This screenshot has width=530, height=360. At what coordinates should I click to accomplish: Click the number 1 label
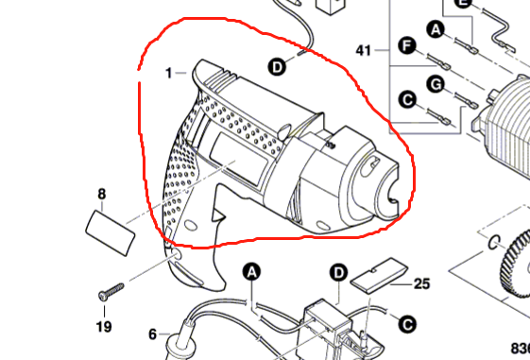(168, 73)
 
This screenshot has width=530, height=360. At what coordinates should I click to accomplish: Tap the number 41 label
(366, 49)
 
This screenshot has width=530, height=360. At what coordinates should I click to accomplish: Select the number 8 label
(101, 196)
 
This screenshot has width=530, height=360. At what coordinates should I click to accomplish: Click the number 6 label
(151, 334)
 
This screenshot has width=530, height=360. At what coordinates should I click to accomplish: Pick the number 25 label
(421, 283)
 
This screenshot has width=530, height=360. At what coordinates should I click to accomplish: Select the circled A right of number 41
(436, 30)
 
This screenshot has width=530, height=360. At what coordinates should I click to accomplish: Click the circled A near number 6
(251, 272)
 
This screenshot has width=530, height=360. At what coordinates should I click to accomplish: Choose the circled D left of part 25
(338, 273)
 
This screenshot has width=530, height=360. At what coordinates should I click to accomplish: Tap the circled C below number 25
(407, 323)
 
